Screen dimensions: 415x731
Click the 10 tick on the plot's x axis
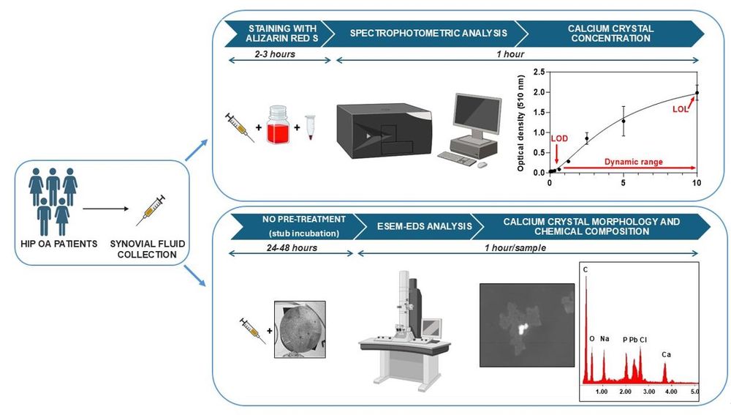tap(697, 182)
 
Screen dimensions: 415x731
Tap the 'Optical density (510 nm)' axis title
tap(521, 121)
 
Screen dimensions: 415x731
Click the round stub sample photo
tap(299, 329)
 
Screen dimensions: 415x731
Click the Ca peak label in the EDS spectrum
tap(666, 354)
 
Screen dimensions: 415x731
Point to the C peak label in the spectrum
tap(586, 269)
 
